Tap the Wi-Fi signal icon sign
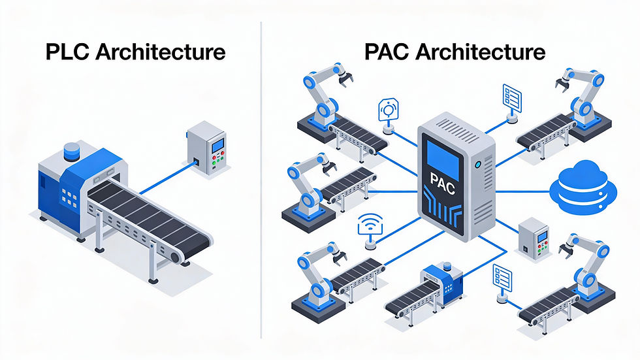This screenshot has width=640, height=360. point(371,228)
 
